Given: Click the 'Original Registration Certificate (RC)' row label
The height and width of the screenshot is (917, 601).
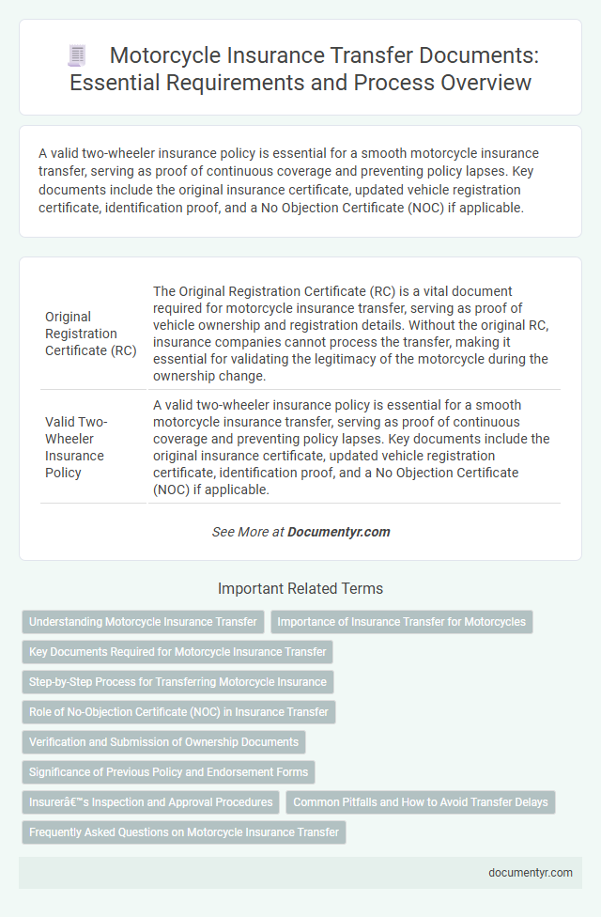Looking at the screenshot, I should click(x=91, y=333).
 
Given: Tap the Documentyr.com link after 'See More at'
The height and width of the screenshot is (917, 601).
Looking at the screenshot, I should click(x=338, y=532).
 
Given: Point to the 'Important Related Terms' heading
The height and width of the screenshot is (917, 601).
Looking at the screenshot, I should click(x=300, y=589).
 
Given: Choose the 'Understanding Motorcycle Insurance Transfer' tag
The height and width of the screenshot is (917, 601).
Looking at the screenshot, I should click(x=143, y=622).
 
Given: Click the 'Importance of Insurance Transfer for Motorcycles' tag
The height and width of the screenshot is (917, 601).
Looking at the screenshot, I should click(x=401, y=622).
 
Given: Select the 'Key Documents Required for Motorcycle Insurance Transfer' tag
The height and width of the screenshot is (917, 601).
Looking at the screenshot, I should click(x=177, y=652).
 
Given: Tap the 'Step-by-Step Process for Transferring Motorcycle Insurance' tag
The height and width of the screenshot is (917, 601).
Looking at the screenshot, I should click(x=177, y=682).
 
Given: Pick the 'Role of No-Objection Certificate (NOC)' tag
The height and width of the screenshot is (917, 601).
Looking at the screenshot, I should click(x=178, y=712).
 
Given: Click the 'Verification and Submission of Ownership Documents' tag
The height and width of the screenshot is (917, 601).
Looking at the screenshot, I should click(x=163, y=742).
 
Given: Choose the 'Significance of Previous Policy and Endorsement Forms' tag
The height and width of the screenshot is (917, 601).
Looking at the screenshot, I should click(x=168, y=772).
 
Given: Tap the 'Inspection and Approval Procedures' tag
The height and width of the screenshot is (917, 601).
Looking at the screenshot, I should click(x=151, y=802).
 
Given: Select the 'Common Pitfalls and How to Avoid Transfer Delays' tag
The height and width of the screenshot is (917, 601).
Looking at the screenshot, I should click(x=421, y=802).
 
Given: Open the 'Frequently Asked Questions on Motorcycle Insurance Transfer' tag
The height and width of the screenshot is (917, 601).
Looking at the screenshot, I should click(x=183, y=832).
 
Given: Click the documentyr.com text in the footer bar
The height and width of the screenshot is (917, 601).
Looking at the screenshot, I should click(x=531, y=872).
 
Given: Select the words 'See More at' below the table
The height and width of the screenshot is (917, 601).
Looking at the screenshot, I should click(x=248, y=532).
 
